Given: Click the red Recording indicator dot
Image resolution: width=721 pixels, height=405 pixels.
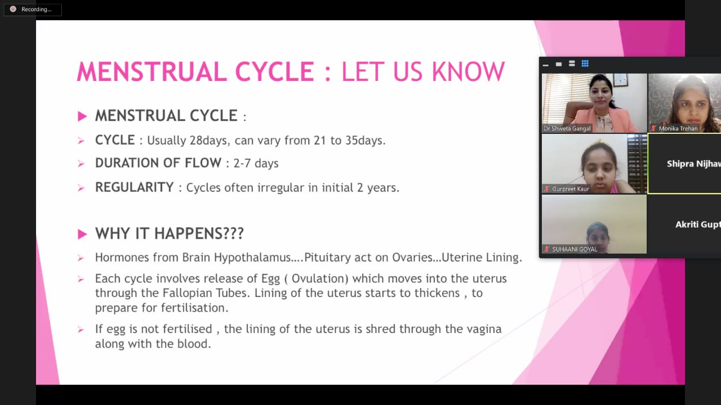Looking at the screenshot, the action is pyautogui.click(x=13, y=9).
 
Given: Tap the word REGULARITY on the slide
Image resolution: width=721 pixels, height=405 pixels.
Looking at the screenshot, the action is pyautogui.click(x=134, y=187).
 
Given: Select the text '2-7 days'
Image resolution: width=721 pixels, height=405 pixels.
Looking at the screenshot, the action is pyautogui.click(x=256, y=163).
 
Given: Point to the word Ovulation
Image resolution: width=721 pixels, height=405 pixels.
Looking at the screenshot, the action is pyautogui.click(x=318, y=278).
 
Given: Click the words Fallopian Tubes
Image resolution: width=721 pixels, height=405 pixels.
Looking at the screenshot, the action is pyautogui.click(x=206, y=293).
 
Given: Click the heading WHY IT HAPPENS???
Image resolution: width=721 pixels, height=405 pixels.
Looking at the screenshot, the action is pyautogui.click(x=170, y=233).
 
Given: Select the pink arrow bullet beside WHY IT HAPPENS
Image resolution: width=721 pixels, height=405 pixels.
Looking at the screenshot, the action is pyautogui.click(x=82, y=234).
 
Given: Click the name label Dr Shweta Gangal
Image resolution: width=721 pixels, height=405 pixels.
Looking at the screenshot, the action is pyautogui.click(x=567, y=129).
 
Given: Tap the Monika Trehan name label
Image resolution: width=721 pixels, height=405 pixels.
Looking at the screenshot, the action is pyautogui.click(x=678, y=129).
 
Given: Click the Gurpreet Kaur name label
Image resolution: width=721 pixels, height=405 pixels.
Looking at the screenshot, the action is pyautogui.click(x=571, y=189).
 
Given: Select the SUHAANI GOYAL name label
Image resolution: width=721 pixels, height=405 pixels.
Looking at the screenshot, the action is pyautogui.click(x=575, y=249).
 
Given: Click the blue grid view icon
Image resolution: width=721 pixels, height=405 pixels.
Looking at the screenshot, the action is pyautogui.click(x=585, y=64).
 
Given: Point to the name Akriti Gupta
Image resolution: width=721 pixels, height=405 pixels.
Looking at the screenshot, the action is pyautogui.click(x=698, y=224).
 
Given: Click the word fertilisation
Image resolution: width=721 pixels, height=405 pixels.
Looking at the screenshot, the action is pyautogui.click(x=195, y=308).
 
